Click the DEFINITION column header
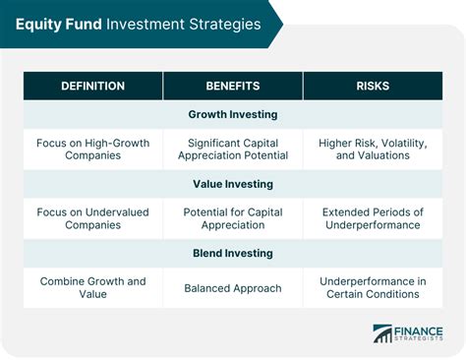click(93, 86)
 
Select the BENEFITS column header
click(233, 86)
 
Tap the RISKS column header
click(373, 86)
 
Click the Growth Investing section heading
click(233, 115)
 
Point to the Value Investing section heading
click(233, 183)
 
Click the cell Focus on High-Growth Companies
click(93, 149)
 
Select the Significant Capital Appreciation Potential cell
click(233, 149)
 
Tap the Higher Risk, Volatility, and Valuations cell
click(373, 149)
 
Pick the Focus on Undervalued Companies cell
click(93, 217)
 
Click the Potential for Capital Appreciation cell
click(233, 217)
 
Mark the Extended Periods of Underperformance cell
click(373, 217)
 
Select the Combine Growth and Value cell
click(93, 287)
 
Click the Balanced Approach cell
click(233, 288)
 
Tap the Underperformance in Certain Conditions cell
click(373, 287)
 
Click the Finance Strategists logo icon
click(382, 334)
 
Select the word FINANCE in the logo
click(420, 330)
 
